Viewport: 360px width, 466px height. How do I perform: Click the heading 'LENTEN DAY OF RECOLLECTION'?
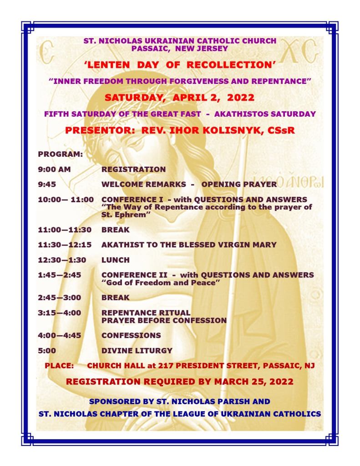click(180, 65)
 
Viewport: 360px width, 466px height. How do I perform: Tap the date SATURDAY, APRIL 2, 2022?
click(180, 97)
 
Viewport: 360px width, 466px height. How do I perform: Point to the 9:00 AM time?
click(55, 169)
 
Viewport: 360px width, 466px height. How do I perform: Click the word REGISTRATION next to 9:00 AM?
click(133, 169)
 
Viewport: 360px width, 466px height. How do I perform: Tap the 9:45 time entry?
click(48, 184)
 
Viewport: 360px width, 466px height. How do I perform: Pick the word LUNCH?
click(116, 260)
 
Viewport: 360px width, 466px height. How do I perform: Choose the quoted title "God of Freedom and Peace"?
click(158, 283)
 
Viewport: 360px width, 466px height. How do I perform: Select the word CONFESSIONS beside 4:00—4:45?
click(131, 335)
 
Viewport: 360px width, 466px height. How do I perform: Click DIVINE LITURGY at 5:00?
click(137, 350)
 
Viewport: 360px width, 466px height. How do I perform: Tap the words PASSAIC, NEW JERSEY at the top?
click(180, 47)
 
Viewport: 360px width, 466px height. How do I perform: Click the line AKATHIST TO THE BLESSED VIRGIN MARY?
click(189, 245)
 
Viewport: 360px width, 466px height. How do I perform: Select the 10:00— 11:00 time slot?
click(66, 200)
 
